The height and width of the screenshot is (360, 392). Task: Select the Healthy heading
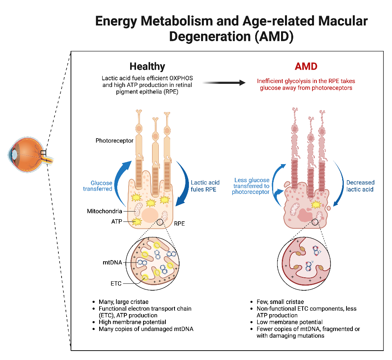(x=147, y=66)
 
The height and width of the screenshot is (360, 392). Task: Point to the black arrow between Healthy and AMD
(x=224, y=82)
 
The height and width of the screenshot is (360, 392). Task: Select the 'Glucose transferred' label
(x=98, y=186)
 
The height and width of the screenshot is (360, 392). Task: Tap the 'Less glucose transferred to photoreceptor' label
(x=250, y=186)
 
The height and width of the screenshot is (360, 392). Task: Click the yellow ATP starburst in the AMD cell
(x=315, y=204)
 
